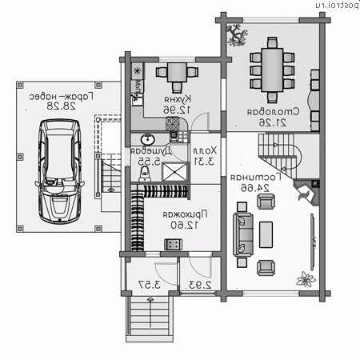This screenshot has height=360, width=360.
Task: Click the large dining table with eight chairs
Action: pyautogui.click(x=269, y=70)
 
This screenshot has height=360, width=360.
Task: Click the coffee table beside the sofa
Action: pyautogui.click(x=266, y=233)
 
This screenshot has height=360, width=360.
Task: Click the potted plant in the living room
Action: pyautogui.click(x=305, y=280)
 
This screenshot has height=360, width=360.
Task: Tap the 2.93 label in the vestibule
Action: pyautogui.click(x=199, y=285)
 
